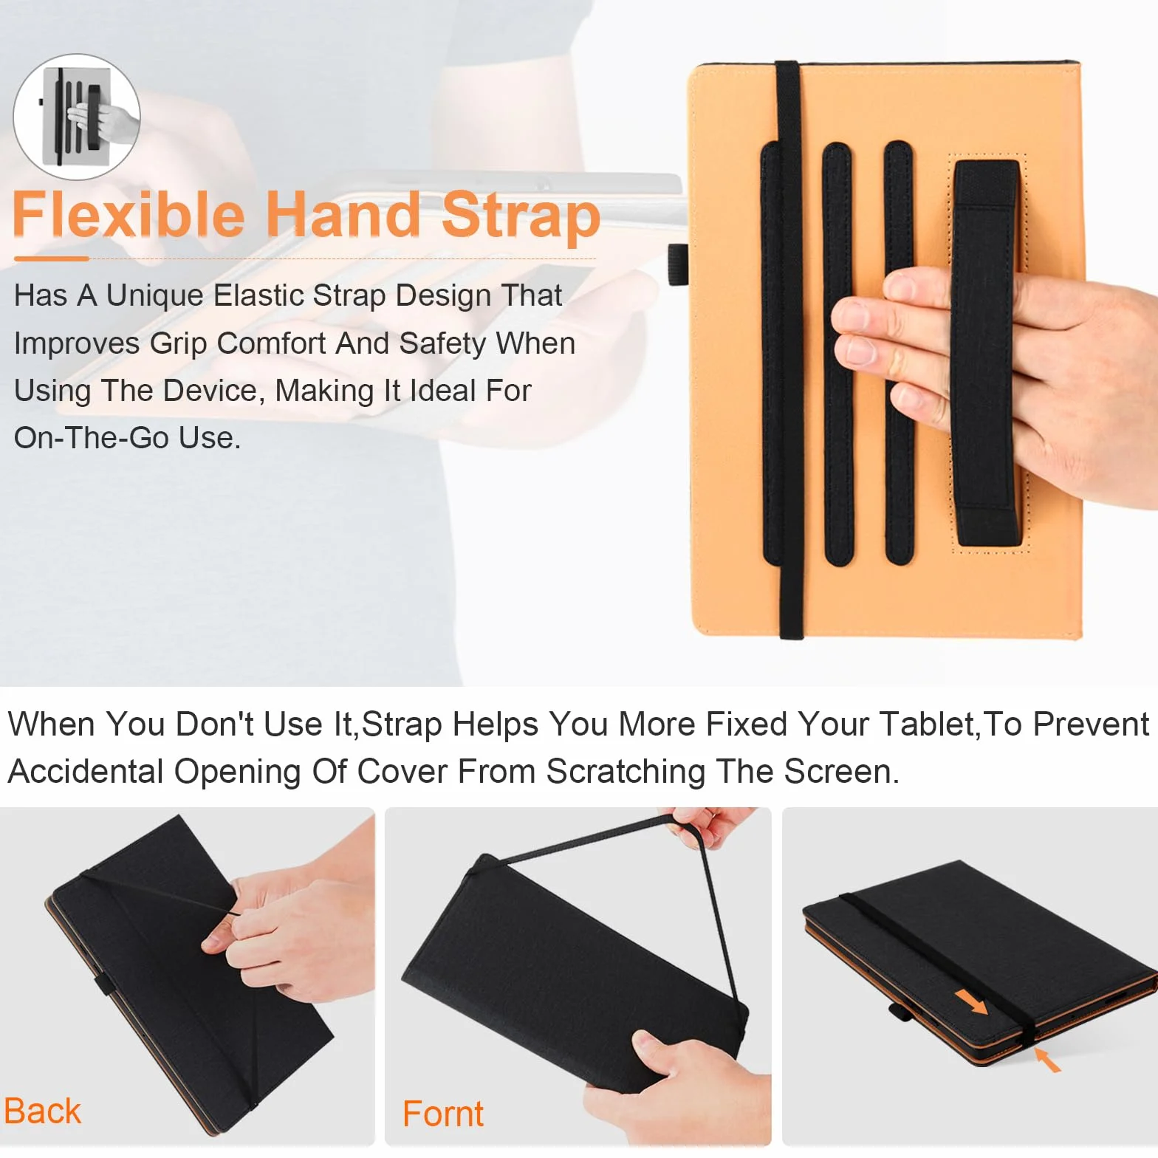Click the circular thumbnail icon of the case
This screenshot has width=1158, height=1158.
point(77,117)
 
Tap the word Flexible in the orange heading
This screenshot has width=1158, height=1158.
point(129,214)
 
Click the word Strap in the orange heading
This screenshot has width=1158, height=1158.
point(521,215)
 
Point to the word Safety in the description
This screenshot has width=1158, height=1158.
point(442,343)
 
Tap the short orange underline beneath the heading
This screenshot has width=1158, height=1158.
point(52,258)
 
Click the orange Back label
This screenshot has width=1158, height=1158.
point(42,1111)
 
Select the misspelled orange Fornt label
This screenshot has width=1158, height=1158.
point(443,1114)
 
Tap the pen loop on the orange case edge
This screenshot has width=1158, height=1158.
point(678,264)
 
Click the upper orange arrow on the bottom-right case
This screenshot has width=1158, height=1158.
point(970,1002)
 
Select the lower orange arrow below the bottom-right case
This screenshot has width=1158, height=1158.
point(1047,1060)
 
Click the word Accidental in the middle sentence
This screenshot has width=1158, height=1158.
point(86,772)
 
